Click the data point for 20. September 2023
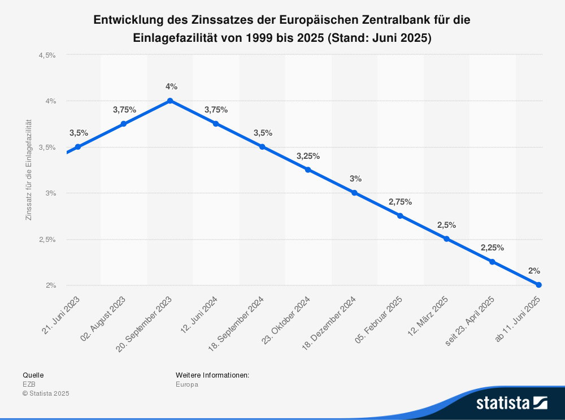pyautogui.click(x=170, y=101)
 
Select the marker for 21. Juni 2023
pyautogui.click(x=78, y=147)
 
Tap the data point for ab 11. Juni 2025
pyautogui.click(x=538, y=285)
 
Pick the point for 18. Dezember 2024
pyautogui.click(x=354, y=193)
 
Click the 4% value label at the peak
pyautogui.click(x=171, y=86)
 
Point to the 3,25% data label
pyautogui.click(x=308, y=155)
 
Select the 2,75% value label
pyautogui.click(x=400, y=202)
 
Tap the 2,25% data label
pyautogui.click(x=492, y=248)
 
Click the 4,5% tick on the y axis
pyautogui.click(x=47, y=55)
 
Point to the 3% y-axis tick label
pyautogui.click(x=51, y=193)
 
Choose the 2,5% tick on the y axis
pyautogui.click(x=47, y=240)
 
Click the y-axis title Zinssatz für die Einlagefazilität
pyautogui.click(x=29, y=170)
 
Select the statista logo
pyautogui.click(x=511, y=403)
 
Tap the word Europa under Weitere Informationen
pyautogui.click(x=187, y=384)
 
